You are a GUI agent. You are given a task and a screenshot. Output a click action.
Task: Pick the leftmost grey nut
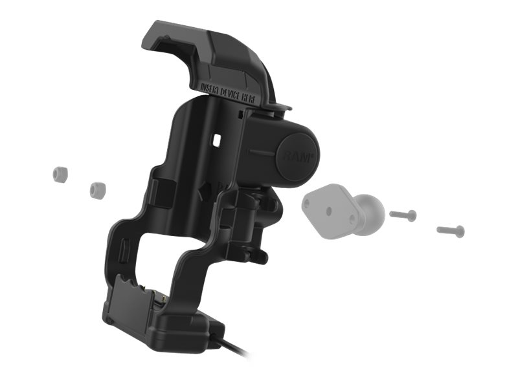click(x=60, y=173)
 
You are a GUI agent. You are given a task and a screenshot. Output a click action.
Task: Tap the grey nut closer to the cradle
click(x=97, y=189)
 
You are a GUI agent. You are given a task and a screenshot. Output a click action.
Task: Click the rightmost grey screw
click(x=451, y=230)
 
